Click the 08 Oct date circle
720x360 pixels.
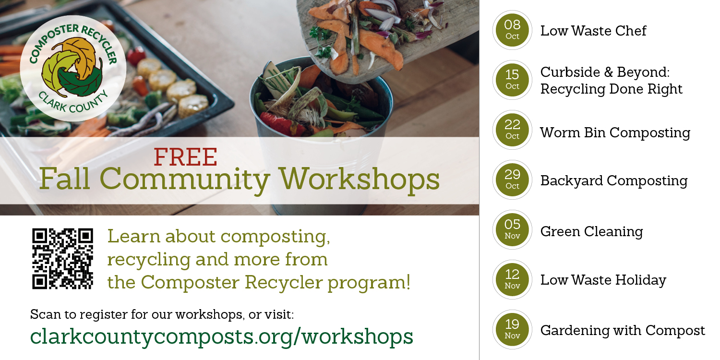[512, 30]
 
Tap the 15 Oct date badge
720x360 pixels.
[512, 80]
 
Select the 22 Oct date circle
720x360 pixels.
[512, 130]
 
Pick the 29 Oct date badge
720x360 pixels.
[512, 180]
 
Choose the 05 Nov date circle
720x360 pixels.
[512, 229]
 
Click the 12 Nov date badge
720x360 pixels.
[512, 280]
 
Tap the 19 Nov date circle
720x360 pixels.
[512, 329]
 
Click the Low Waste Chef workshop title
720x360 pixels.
[593, 31]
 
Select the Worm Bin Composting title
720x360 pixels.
[615, 133]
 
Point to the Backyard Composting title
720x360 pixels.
[613, 181]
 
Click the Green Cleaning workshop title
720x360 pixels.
[591, 231]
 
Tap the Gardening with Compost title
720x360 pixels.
[623, 330]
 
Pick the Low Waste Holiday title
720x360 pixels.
[603, 280]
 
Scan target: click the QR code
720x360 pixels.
[63, 259]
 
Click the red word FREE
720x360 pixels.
[185, 157]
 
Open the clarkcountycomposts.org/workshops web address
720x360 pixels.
[221, 336]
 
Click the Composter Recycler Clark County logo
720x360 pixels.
[73, 69]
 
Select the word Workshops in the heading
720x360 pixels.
[359, 179]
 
